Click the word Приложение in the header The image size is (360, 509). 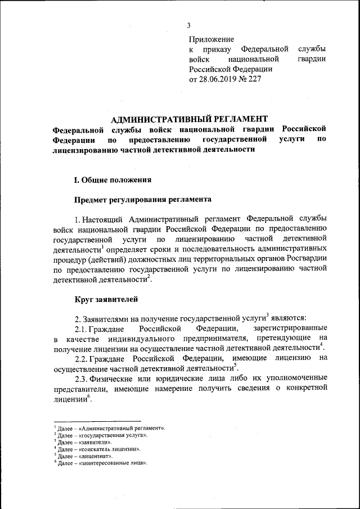tap(211, 39)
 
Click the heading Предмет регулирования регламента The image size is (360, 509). tap(143, 199)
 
